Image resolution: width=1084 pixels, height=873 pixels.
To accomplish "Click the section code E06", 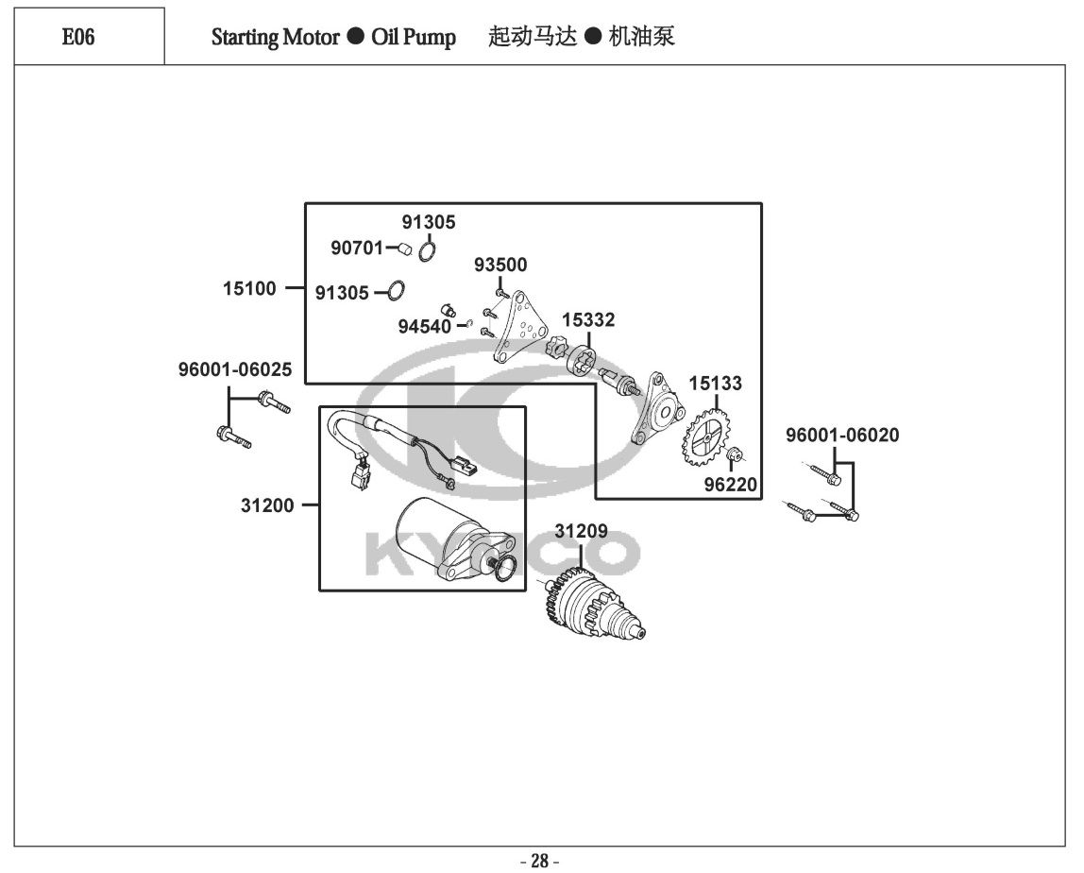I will click(78, 38).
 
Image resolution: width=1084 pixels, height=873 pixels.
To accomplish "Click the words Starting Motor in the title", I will click(274, 38).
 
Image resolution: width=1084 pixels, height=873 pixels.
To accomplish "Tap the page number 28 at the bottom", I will click(540, 861).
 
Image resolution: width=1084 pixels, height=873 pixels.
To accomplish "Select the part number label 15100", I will click(250, 289).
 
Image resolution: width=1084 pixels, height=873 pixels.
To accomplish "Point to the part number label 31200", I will click(266, 505).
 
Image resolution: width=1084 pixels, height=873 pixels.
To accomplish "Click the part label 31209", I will click(581, 531).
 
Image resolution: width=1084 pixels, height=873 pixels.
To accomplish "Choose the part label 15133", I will click(715, 385).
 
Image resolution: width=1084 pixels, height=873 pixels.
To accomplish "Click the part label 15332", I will click(588, 320).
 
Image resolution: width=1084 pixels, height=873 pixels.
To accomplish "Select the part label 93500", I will click(500, 265).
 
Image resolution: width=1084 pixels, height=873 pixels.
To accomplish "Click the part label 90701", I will click(356, 248).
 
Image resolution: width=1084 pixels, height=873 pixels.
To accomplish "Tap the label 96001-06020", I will click(842, 436).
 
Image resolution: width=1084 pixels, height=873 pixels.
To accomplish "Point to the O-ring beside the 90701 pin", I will click(427, 250).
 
